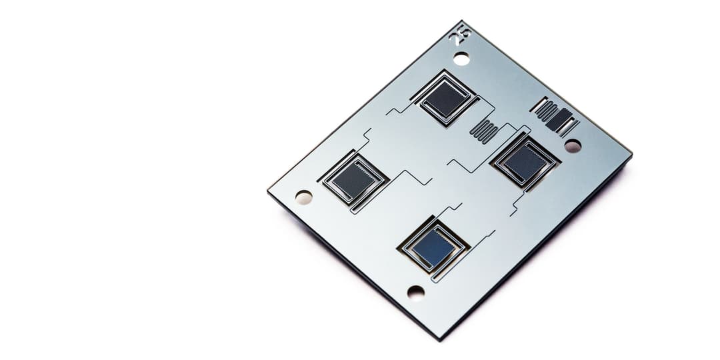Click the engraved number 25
pos(460,35)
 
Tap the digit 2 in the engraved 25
pos(457,39)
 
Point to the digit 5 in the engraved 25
pos(463,31)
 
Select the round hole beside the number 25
pos(461,59)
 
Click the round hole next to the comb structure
pos(573,145)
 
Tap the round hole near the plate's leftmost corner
pos(304,197)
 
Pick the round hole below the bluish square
pos(416,292)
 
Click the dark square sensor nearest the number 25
pos(444,98)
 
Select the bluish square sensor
pos(433,247)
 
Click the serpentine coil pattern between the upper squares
pos(485,131)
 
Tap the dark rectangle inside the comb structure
pos(559,119)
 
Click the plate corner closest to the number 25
pos(461,21)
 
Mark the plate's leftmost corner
pos(268,189)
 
